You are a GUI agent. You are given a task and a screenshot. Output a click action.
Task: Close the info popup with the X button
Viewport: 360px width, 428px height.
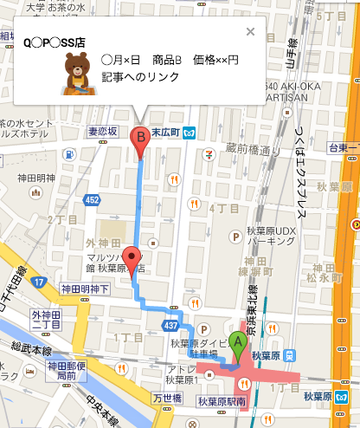[250, 32]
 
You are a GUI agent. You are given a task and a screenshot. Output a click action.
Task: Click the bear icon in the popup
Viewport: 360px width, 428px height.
[75, 72]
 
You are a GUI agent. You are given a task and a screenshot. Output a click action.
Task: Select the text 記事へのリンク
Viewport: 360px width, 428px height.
[139, 78]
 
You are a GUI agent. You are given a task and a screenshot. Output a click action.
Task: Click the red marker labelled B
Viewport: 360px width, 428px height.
[139, 141]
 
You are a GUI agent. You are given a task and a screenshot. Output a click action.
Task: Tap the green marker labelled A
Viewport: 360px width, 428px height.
[236, 346]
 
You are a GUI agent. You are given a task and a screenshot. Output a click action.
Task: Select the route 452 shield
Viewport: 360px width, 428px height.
[91, 199]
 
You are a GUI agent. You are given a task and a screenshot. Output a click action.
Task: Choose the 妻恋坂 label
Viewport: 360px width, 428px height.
[101, 132]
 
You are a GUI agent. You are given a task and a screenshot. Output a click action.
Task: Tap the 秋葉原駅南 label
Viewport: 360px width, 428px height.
[221, 401]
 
